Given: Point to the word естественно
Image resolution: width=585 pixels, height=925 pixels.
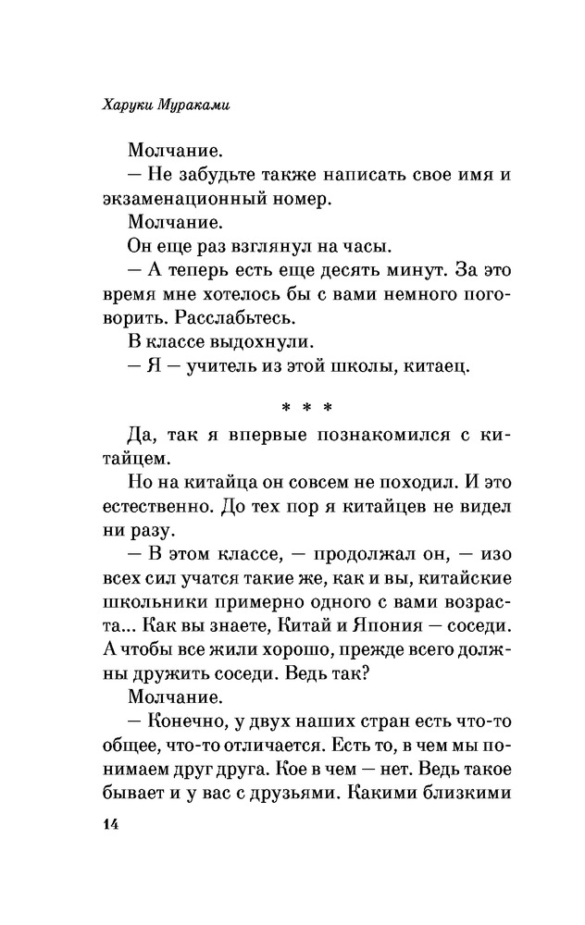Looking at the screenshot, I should tap(156, 511).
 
